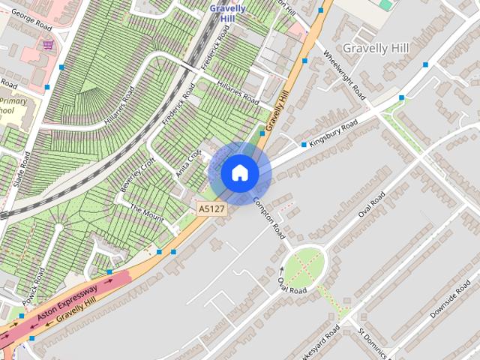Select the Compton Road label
(x=269, y=217)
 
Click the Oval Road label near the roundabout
(x=292, y=285)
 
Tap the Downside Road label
(x=450, y=303)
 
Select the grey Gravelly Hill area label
(x=376, y=48)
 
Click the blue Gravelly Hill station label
(x=228, y=13)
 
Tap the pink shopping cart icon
(x=49, y=45)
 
